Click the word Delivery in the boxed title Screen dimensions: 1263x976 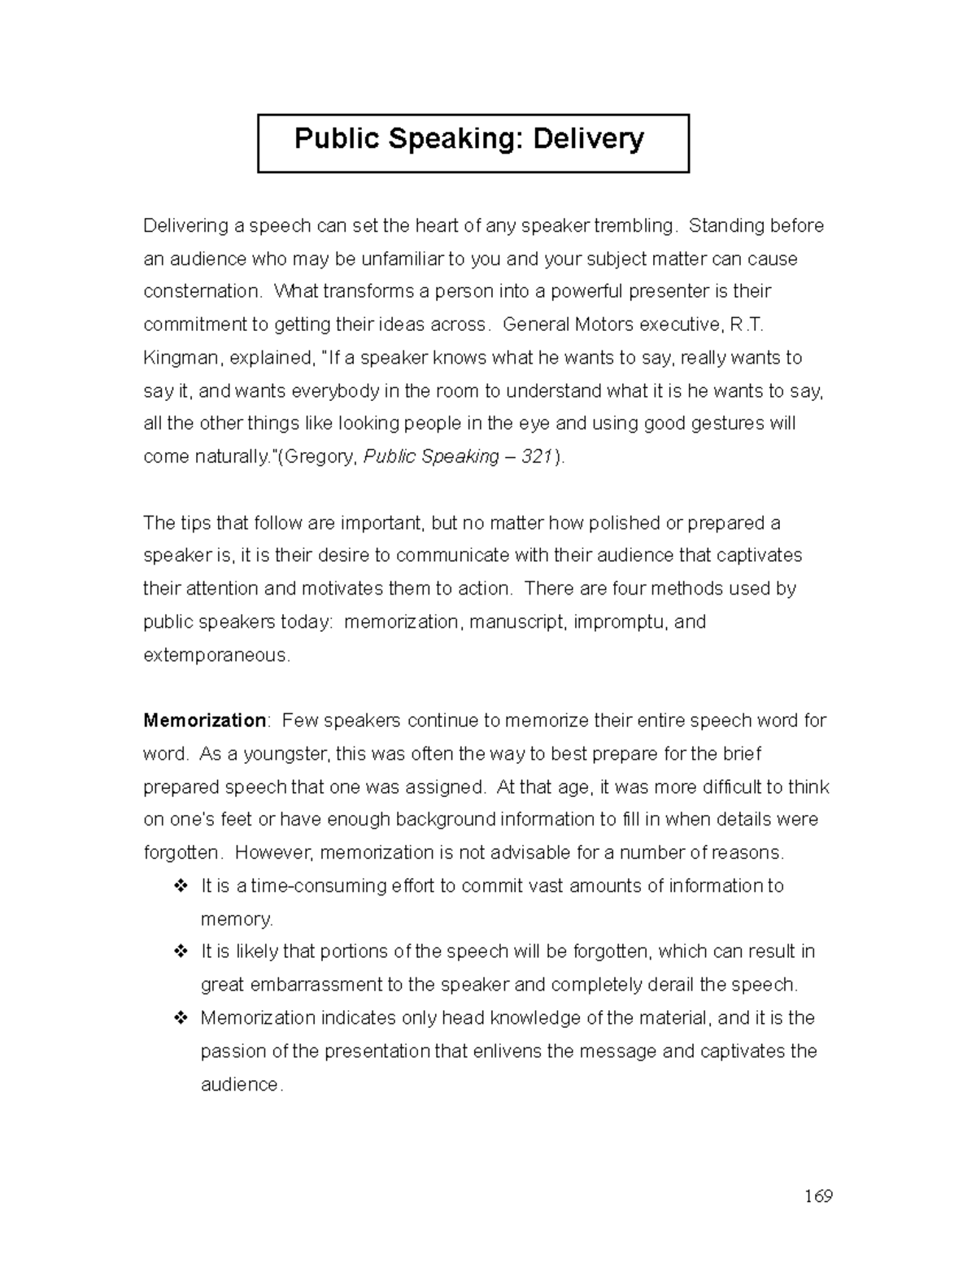coord(588,139)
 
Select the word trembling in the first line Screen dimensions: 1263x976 coord(635,225)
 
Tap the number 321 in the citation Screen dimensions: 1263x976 coord(537,457)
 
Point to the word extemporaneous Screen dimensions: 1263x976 coord(216,655)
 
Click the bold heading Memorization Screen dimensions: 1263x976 coord(204,721)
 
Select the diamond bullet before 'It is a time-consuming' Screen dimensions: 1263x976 coord(181,886)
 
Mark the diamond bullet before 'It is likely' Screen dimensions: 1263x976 coord(181,952)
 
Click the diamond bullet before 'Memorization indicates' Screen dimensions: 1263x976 coord(181,1018)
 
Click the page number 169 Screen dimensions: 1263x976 coord(818,1195)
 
